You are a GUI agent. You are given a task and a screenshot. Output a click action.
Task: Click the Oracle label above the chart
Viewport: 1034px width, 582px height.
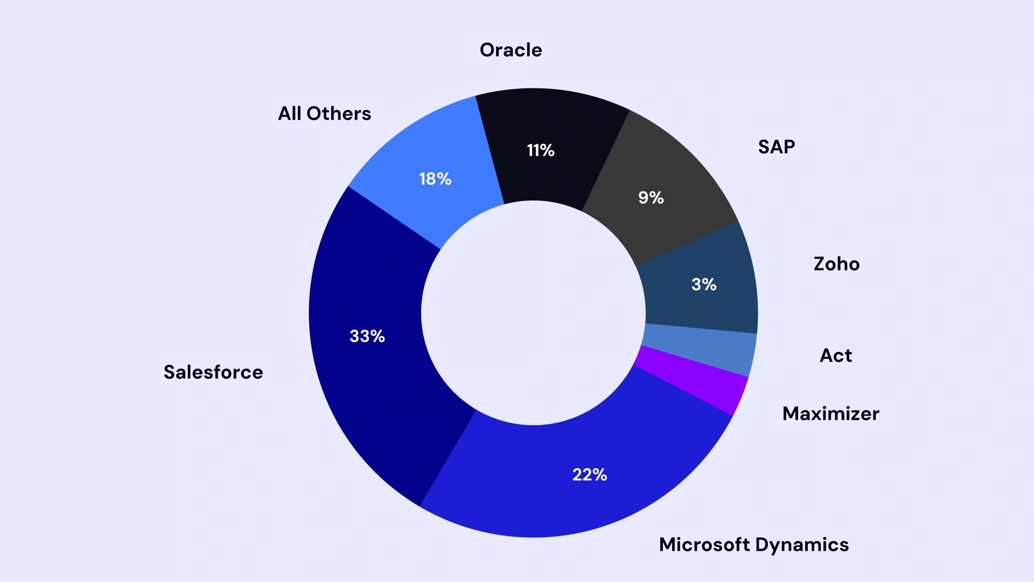tap(511, 50)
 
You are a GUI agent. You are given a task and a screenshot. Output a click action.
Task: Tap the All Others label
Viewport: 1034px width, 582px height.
tap(324, 114)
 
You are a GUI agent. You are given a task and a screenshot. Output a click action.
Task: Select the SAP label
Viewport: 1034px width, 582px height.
tap(776, 147)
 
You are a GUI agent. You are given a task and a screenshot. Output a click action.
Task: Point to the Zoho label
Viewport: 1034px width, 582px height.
tap(836, 264)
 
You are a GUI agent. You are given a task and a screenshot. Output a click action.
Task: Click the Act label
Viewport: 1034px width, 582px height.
tap(835, 356)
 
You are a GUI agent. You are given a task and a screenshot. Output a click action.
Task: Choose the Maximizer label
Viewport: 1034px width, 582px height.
tap(830, 414)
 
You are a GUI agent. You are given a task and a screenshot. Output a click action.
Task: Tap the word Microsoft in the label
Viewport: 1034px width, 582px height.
tap(704, 545)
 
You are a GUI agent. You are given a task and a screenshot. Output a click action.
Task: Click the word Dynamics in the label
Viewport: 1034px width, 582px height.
tap(802, 545)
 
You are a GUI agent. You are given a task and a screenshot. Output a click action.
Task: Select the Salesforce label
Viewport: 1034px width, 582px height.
tap(213, 372)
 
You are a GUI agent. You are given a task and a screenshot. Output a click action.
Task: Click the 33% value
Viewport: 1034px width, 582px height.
tap(367, 336)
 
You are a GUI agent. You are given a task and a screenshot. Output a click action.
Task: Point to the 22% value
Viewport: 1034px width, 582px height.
tap(590, 475)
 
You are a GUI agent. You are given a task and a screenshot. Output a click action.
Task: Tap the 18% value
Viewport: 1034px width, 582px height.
tap(435, 179)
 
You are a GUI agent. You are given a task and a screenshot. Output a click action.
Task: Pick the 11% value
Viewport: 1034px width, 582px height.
tap(540, 150)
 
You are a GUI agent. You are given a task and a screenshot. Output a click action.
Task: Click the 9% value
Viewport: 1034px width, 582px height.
tap(651, 198)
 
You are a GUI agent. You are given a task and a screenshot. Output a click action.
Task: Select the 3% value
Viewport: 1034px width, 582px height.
tap(704, 285)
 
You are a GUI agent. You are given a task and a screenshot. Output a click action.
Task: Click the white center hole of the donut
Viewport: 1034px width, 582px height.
tap(533, 313)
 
